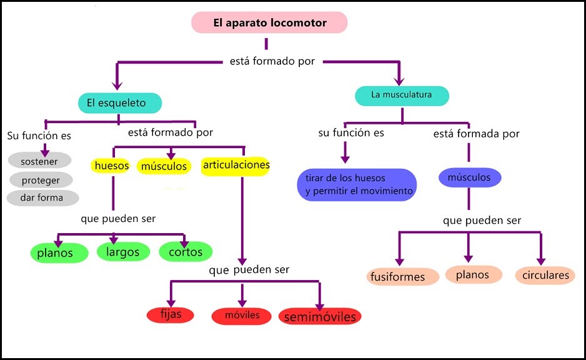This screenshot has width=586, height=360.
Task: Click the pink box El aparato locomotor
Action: coord(269,23)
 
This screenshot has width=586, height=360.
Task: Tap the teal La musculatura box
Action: coord(402,96)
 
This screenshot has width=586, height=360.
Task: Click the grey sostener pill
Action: coord(39,162)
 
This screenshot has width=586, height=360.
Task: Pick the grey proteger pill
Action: coord(41,180)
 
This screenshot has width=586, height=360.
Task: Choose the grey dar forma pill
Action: coord(43,197)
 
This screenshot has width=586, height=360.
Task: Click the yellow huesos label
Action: coord(112,166)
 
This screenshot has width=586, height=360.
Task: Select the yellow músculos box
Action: coord(164,167)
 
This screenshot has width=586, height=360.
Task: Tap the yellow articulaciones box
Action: coord(236,165)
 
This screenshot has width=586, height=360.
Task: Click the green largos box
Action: coord(123,252)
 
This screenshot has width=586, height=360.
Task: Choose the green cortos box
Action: coord(186,252)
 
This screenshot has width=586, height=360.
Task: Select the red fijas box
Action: coord(171,314)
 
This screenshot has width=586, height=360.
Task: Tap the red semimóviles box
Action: coord(320,317)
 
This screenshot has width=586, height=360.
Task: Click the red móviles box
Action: coord(243,316)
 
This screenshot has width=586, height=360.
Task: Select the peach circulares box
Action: coord(545,275)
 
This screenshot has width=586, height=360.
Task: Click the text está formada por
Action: coord(477,134)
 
